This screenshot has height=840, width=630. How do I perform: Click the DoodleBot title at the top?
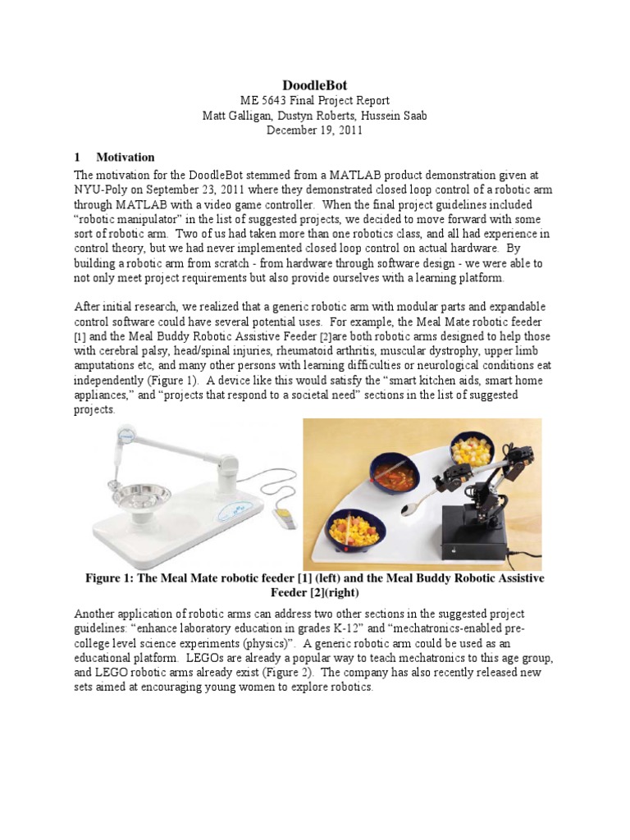coord(315,85)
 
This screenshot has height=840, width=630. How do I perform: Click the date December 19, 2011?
coord(315,130)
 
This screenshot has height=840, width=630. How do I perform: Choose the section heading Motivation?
coord(126,157)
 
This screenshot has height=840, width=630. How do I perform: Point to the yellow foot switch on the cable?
coord(284,518)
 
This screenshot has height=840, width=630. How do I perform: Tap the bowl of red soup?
coord(392,475)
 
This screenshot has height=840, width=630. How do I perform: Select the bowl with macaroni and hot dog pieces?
coord(358,533)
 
